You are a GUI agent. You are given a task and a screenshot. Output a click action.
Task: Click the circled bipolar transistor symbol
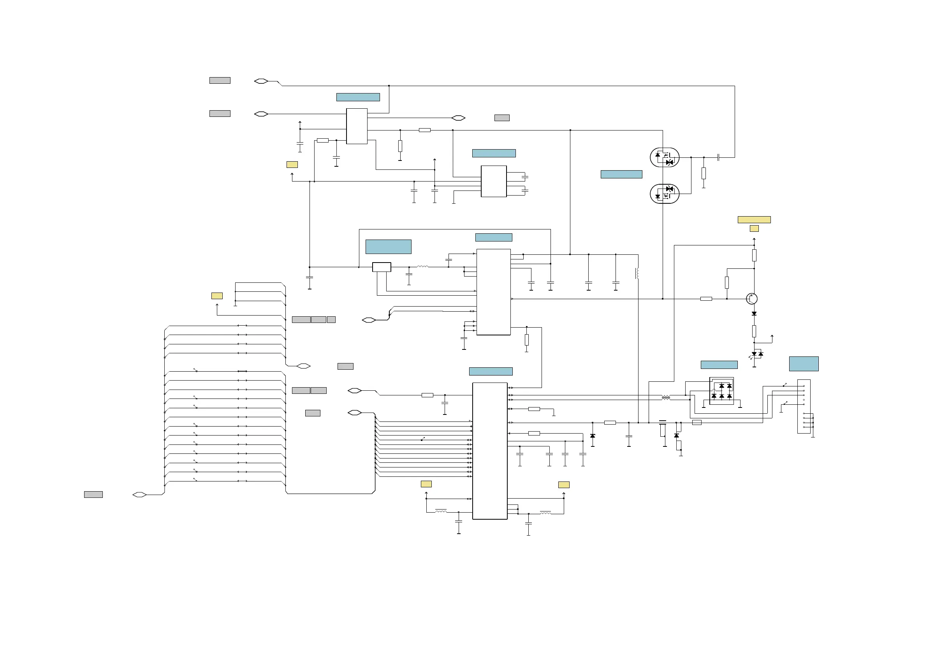751,298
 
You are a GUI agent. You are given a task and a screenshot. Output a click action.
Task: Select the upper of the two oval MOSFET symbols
665,157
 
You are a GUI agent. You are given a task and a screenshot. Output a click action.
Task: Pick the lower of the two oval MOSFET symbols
665,194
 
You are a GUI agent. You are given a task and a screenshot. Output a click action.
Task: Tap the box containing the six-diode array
721,391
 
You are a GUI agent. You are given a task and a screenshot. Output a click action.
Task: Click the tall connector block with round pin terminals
804,406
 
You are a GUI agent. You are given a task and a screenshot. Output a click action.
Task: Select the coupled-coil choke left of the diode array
666,397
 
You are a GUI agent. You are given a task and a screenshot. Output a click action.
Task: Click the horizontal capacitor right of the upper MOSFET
718,157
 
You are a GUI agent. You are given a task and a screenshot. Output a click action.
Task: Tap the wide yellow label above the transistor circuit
754,220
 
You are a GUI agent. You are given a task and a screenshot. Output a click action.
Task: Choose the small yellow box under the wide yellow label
754,229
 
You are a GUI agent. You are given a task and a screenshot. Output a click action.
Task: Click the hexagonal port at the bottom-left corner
139,494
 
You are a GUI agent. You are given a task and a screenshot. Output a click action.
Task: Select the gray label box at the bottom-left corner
93,494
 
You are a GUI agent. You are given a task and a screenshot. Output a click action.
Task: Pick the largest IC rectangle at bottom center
490,451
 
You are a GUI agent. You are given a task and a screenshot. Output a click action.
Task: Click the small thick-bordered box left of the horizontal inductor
382,267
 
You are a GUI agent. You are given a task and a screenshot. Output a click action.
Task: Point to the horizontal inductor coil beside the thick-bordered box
423,266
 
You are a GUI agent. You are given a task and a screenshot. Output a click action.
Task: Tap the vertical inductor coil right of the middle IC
637,273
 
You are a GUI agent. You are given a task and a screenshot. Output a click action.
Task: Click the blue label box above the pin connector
804,363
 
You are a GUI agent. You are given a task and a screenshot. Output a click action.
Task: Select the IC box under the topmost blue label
357,126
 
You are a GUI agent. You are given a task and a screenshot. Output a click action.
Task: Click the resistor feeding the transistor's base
706,299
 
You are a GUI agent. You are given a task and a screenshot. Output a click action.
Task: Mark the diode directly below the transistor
754,314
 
